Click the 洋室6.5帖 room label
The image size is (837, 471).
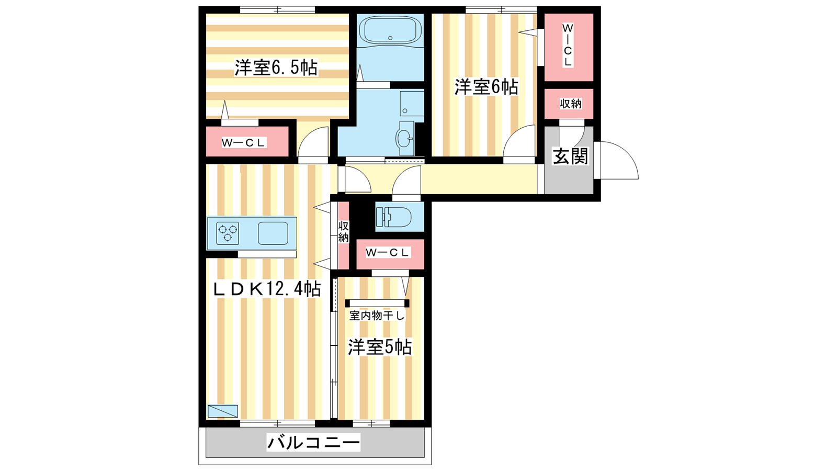tap(276, 68)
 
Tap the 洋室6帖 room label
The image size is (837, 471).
tap(486, 87)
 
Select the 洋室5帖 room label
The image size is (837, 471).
tap(380, 347)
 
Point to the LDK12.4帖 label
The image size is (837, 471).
tap(267, 288)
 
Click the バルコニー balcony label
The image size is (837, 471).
tap(313, 443)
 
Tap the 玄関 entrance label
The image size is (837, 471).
tap(570, 156)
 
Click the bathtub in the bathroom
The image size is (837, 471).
tap(390, 30)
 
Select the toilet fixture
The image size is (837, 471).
tap(393, 217)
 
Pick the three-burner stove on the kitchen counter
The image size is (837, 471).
tap(228, 233)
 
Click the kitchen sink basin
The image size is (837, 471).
tap(273, 233)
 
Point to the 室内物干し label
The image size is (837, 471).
tap(377, 316)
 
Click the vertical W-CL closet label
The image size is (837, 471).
tap(568, 45)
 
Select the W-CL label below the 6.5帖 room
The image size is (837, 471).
tap(243, 142)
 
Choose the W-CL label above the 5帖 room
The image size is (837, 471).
tap(388, 252)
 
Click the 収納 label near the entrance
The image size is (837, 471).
tap(571, 104)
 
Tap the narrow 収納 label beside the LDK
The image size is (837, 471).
tap(343, 232)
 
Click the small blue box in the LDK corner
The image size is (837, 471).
tap(223, 411)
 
